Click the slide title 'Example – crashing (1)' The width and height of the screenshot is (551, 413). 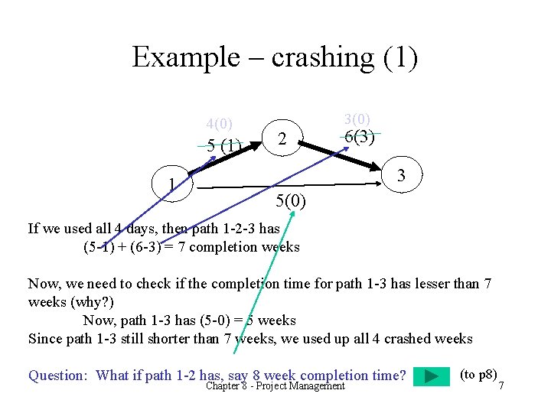[275, 57]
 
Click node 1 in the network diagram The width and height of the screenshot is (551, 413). [174, 184]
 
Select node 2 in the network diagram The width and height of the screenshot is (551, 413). [282, 139]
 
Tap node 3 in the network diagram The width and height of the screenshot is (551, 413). [400, 178]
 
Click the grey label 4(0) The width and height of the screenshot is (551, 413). [220, 124]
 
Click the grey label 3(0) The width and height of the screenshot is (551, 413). [357, 119]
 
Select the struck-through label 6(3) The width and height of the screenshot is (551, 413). [359, 137]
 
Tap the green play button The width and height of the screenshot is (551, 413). [432, 376]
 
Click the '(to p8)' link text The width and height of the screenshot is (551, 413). [478, 373]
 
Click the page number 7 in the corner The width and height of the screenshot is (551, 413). [501, 385]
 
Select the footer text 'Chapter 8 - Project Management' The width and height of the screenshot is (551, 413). [275, 385]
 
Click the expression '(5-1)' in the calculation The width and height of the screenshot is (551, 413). [98, 246]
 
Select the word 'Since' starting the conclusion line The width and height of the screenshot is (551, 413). [44, 338]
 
